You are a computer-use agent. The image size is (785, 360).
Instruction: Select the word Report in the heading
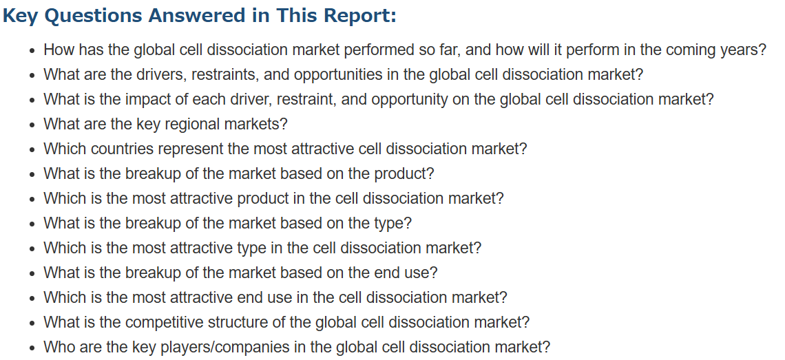click(359, 16)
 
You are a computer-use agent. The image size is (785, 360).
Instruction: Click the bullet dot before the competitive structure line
click(32, 323)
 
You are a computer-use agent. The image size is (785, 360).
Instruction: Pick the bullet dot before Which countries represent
click(32, 149)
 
